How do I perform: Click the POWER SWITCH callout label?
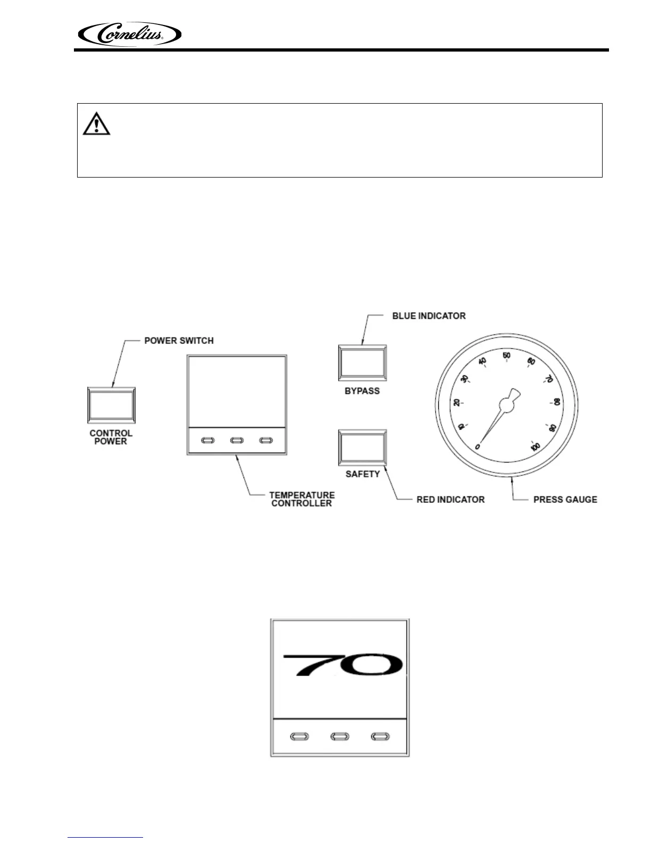pyautogui.click(x=179, y=340)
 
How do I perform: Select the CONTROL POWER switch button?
pyautogui.click(x=111, y=407)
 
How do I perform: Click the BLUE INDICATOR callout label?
pyautogui.click(x=429, y=316)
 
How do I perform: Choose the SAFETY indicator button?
pyautogui.click(x=362, y=448)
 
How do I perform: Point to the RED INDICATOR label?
pyautogui.click(x=450, y=500)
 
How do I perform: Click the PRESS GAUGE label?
pyautogui.click(x=565, y=500)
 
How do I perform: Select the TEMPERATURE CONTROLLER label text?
pyautogui.click(x=302, y=499)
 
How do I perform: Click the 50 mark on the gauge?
pyautogui.click(x=506, y=356)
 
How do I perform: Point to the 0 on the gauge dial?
pyautogui.click(x=478, y=447)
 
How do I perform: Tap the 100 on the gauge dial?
pyautogui.click(x=536, y=447)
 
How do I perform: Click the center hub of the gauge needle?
pyautogui.click(x=506, y=406)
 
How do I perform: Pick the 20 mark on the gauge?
pyautogui.click(x=456, y=402)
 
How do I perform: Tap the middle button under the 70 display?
pyautogui.click(x=339, y=737)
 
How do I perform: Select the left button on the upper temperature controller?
pyautogui.click(x=207, y=440)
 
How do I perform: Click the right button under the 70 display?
pyautogui.click(x=380, y=737)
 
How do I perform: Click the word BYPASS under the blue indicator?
pyautogui.click(x=362, y=391)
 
